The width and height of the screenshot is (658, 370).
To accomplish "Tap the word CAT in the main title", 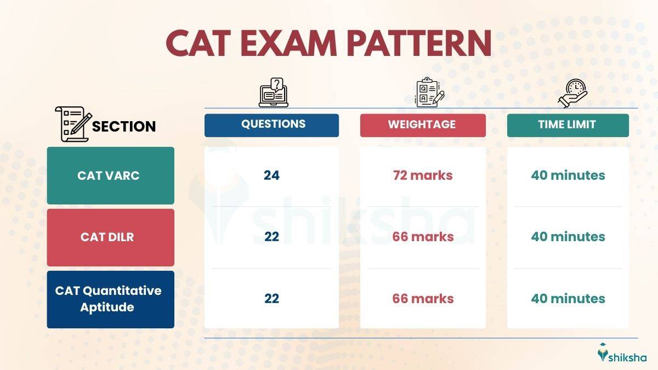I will coord(197,43).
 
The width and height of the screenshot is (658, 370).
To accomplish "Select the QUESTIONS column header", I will coord(273,124).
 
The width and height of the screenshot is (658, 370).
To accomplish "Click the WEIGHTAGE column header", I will coord(422,124).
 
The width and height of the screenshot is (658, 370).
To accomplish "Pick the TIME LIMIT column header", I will coord(567,124).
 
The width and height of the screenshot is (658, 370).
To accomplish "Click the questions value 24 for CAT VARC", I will coord(271,175).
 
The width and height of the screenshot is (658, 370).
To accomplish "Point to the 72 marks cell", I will coord(422,175).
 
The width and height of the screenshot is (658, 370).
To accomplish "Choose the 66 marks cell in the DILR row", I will coord(422,237).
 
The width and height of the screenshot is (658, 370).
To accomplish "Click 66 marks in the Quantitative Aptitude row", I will coord(422,299).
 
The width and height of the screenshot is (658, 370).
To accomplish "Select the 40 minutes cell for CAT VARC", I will coord(568,175).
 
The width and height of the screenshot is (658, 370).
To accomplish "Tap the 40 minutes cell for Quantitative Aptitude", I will coord(568,299).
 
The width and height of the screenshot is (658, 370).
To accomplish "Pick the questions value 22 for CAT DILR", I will coord(271,237).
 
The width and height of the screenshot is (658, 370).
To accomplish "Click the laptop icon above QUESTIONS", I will coord(274,93).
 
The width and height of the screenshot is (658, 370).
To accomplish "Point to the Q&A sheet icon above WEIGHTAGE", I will coord(429,93).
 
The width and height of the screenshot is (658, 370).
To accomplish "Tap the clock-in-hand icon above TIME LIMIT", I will coord(572,94).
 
